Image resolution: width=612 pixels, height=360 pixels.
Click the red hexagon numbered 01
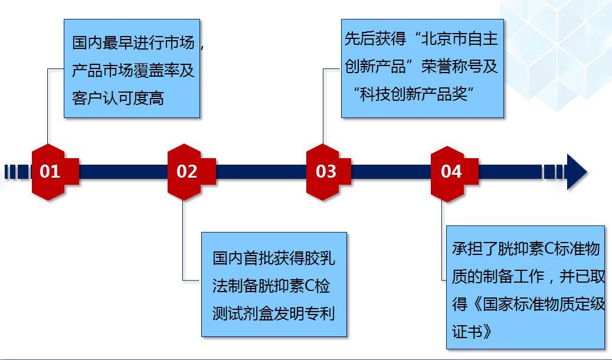pos(48,172)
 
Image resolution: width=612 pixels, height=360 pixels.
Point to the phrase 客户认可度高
pos(118,98)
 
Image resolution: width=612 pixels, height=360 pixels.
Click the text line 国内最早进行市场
pos(133,42)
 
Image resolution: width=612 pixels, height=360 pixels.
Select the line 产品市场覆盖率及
pos(133,70)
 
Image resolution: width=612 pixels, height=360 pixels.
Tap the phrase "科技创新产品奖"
pos(414,94)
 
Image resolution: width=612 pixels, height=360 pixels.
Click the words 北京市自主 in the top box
pos(460,38)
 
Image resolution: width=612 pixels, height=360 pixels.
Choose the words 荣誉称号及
pos(460,66)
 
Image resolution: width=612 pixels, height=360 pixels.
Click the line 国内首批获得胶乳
pos(274,258)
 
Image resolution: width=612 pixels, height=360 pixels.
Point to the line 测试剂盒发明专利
pos(274,313)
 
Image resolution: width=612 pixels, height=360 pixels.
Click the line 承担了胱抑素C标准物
pos(526,248)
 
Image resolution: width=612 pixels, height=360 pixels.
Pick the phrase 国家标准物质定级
pos(544,304)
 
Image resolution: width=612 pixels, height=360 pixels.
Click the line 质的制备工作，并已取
pos(528,276)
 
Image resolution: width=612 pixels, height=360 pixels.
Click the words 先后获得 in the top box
pos(375,38)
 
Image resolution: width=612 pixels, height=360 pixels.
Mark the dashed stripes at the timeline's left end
pos(17,172)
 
